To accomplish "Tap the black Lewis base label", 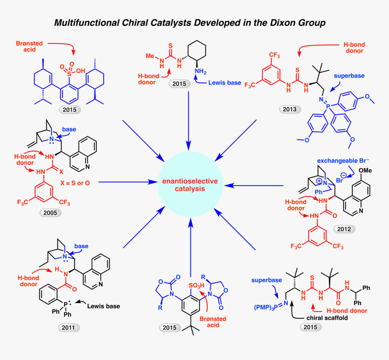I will [103, 307].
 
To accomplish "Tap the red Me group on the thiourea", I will [150, 57].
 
